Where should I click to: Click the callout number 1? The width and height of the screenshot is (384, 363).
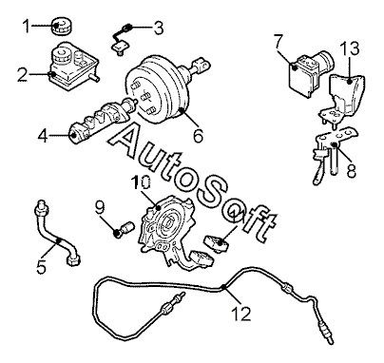(x=28, y=26)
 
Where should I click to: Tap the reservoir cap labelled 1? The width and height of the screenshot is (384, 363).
(x=61, y=26)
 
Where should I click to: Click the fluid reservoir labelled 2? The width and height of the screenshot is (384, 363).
(x=73, y=66)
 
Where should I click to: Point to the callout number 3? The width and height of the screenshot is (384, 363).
(x=159, y=28)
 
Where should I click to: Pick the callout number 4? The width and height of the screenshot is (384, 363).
(x=44, y=136)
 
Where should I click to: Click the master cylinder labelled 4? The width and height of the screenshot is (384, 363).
(x=103, y=121)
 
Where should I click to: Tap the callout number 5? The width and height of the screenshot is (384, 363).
(x=41, y=267)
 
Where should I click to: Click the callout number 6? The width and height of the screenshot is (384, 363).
(x=198, y=136)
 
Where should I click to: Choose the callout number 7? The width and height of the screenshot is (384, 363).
(x=278, y=42)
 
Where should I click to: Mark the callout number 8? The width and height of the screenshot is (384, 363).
(x=351, y=170)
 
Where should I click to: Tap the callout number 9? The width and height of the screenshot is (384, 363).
(x=100, y=208)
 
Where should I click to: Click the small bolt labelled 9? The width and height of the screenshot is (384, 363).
(x=124, y=229)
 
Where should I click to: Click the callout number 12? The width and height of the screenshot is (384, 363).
(x=241, y=314)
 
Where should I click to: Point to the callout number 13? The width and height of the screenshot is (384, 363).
(x=350, y=49)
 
